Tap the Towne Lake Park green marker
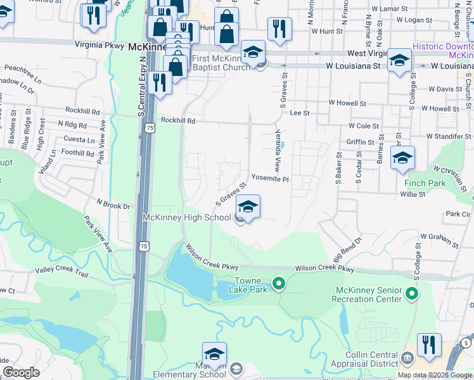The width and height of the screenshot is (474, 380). point(278,282)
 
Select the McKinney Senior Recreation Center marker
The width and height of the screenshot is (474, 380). point(412,293)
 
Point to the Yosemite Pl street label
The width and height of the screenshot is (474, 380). point(270,179)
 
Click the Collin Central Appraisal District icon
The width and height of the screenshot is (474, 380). point(407,359)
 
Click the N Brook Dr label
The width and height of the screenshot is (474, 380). point(113,204)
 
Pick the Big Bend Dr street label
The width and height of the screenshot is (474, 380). point(347,248)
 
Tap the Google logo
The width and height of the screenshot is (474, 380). point(21,372)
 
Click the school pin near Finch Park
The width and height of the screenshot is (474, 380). point(402,158)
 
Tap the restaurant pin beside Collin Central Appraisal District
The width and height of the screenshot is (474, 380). point(429,346)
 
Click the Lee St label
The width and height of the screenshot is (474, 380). point(299,113)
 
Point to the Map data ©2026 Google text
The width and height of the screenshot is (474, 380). point(434,375)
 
